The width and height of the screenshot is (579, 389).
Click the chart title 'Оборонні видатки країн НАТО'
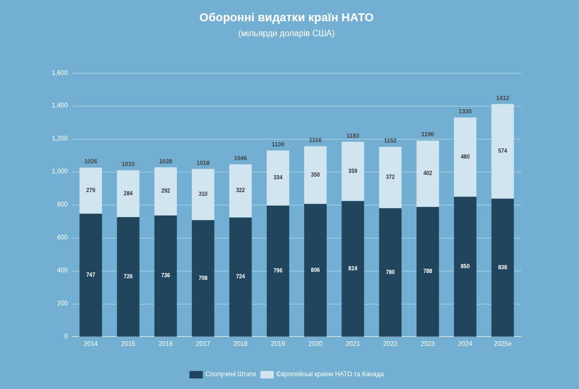pyautogui.click(x=287, y=18)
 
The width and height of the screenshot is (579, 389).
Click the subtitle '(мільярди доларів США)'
pyautogui.click(x=287, y=34)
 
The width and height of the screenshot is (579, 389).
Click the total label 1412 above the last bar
pyautogui.click(x=502, y=98)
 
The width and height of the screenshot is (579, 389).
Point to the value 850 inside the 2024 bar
pyautogui.click(x=465, y=267)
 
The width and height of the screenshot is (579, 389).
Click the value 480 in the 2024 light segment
pyautogui.click(x=465, y=157)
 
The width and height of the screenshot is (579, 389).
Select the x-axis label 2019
pyautogui.click(x=278, y=344)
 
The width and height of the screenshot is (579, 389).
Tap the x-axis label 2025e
pyautogui.click(x=502, y=344)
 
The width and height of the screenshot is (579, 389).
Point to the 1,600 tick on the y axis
pyautogui.click(x=60, y=73)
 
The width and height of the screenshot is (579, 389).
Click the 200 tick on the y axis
pyautogui.click(x=63, y=303)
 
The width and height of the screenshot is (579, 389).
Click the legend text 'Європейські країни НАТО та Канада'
pyautogui.click(x=330, y=374)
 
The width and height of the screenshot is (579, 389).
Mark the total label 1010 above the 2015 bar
pyautogui.click(x=128, y=164)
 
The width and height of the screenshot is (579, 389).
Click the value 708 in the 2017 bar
pyautogui.click(x=203, y=278)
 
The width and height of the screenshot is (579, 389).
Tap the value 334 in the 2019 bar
pyautogui.click(x=278, y=178)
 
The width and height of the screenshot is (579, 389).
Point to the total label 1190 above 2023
pyautogui.click(x=428, y=134)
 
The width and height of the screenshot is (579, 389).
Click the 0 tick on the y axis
pyautogui.click(x=66, y=336)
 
